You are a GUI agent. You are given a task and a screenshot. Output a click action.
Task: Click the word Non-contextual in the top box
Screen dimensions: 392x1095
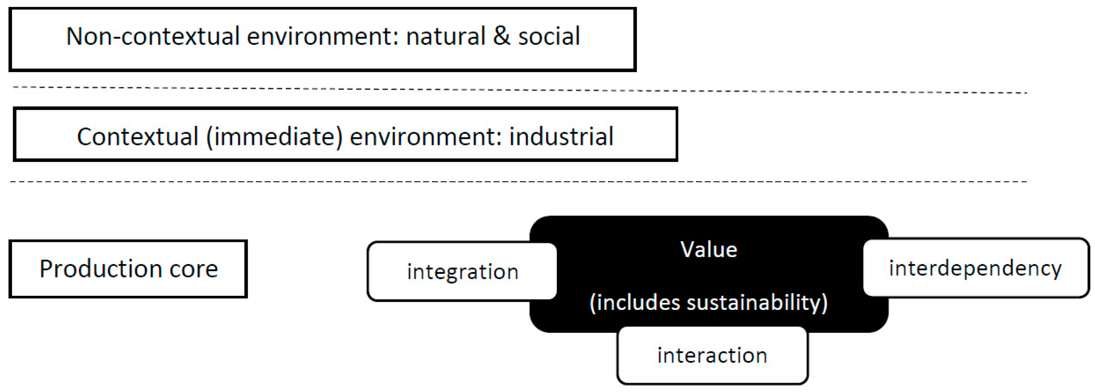click(x=153, y=36)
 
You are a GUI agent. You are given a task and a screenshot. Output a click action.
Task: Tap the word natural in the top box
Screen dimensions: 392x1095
click(x=445, y=36)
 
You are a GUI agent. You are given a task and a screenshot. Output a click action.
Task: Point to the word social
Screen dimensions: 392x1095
click(x=549, y=36)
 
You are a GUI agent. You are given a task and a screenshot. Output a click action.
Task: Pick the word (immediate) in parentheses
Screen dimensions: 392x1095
click(x=274, y=137)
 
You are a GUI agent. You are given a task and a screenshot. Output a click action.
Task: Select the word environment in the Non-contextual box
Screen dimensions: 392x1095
click(x=323, y=36)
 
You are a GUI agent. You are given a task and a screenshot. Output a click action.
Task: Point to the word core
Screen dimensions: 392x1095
click(x=194, y=269)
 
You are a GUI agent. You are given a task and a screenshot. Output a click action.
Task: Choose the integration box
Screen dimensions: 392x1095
click(x=463, y=272)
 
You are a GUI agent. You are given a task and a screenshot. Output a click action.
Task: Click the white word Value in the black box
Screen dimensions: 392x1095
click(x=709, y=250)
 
